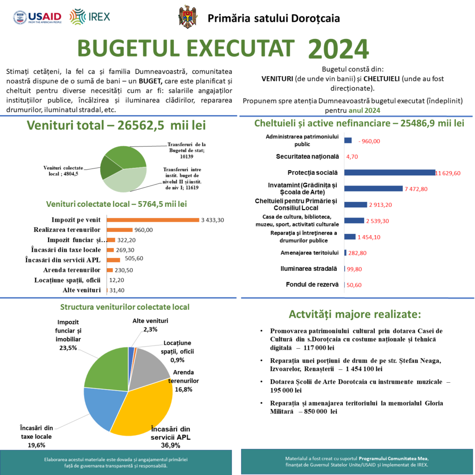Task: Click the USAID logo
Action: coord(38,18)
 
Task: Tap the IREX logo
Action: coord(90,17)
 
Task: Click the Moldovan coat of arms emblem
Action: coord(188,17)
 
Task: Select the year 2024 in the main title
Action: coord(338,49)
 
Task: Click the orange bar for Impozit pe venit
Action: coord(153,220)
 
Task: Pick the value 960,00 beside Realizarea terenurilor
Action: coord(143,230)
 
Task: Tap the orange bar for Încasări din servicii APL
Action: coord(113,260)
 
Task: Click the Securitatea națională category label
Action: coord(308,157)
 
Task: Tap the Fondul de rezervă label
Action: coord(312,284)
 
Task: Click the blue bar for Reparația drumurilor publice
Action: coord(350,237)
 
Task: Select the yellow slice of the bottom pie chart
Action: coord(139,408)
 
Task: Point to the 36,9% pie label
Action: coord(171,445)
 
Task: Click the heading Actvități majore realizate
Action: coord(355,314)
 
